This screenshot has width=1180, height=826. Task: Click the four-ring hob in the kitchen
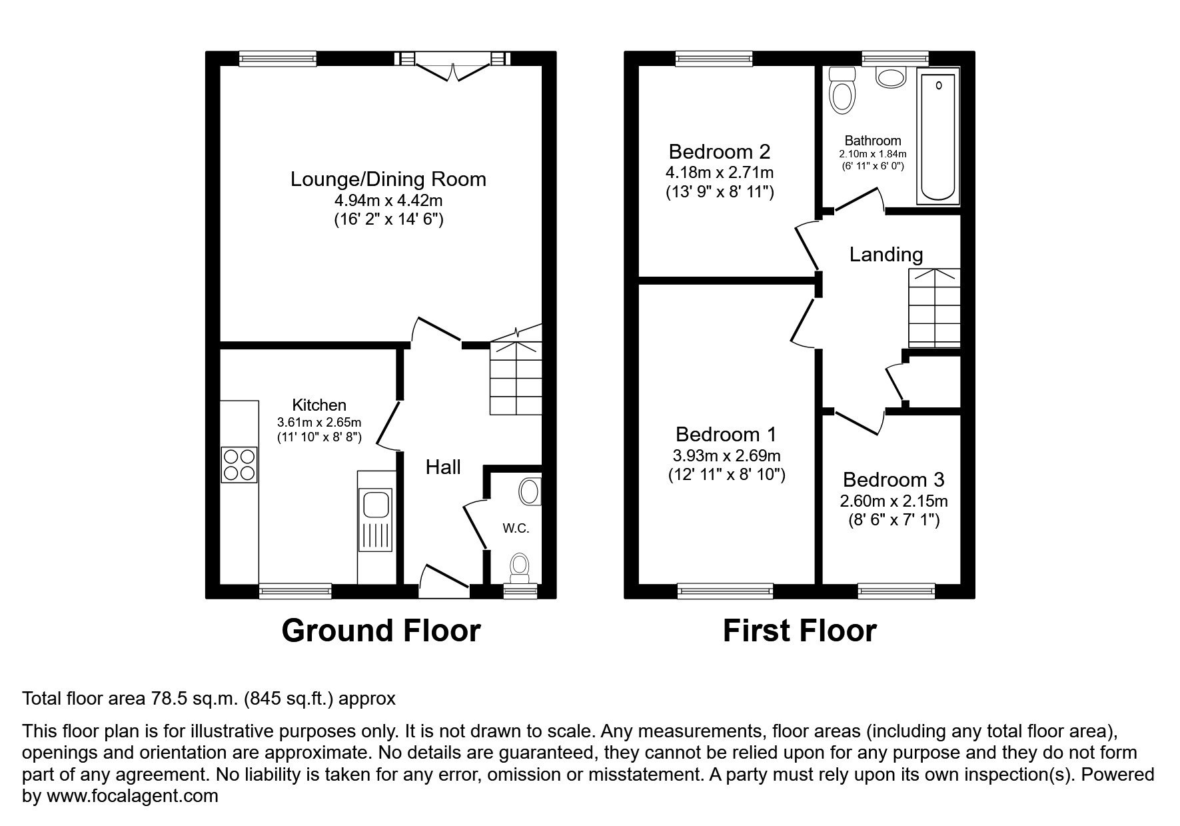pyautogui.click(x=239, y=465)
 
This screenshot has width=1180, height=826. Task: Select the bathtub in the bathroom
pyautogui.click(x=937, y=137)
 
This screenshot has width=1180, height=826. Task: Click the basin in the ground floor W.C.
pyautogui.click(x=530, y=492)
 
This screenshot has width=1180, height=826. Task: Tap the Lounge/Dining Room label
pyautogui.click(x=388, y=179)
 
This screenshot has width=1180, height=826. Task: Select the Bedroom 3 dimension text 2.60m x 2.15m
pyautogui.click(x=893, y=501)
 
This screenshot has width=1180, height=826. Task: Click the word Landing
pyautogui.click(x=885, y=254)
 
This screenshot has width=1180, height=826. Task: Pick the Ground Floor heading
pyautogui.click(x=380, y=631)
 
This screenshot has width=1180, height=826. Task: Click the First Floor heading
pyautogui.click(x=799, y=631)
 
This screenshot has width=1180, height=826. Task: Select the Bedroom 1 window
pyautogui.click(x=725, y=589)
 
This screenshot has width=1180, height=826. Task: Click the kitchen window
pyautogui.click(x=295, y=590)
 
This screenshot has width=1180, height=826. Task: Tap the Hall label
pyautogui.click(x=443, y=467)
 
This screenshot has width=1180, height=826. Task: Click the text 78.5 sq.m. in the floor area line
pyautogui.click(x=194, y=699)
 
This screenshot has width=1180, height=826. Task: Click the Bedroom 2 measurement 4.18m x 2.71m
pyautogui.click(x=720, y=173)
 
